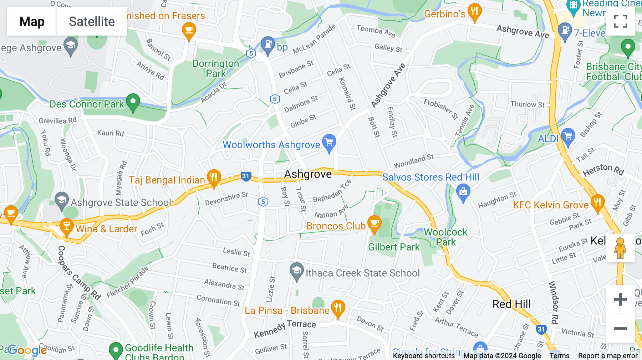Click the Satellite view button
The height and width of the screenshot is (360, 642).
point(92,21)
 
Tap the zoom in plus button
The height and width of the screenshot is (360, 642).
point(620,299)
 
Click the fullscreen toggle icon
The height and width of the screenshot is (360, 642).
point(620,21)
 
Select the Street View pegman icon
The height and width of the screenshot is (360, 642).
point(620,248)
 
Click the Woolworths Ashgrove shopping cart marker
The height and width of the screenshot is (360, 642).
point(329,143)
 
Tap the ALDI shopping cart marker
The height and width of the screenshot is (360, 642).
point(568,137)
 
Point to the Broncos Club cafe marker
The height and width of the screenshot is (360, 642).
point(374,224)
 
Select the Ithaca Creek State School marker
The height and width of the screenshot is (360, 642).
point(296,272)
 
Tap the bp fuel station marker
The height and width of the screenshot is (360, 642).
point(267,45)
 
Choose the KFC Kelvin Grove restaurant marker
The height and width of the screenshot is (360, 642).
point(597,203)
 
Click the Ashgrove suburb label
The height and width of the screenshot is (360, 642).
point(308,174)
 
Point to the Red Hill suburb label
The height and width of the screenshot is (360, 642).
point(511,304)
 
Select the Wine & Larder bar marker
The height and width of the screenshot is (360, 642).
point(66,227)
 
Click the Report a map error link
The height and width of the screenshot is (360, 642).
point(608,356)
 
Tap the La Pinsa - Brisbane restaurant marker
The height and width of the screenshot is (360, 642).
point(338,308)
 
